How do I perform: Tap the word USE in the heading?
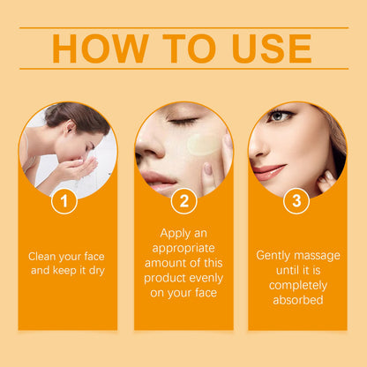[x=272, y=49]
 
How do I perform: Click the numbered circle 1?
[x=64, y=201]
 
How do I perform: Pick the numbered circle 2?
[x=184, y=201]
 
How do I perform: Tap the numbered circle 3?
[x=296, y=201]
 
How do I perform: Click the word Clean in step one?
[x=42, y=257]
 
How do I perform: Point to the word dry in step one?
[x=97, y=271]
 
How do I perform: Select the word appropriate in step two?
[x=183, y=249]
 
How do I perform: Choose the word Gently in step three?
[x=273, y=256]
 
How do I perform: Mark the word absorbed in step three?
[x=298, y=300]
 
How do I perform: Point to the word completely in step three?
[x=298, y=286]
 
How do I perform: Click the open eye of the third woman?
[x=279, y=116]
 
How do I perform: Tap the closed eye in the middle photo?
[x=184, y=120]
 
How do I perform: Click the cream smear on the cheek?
[x=203, y=144]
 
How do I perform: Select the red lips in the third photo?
[x=268, y=172]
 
